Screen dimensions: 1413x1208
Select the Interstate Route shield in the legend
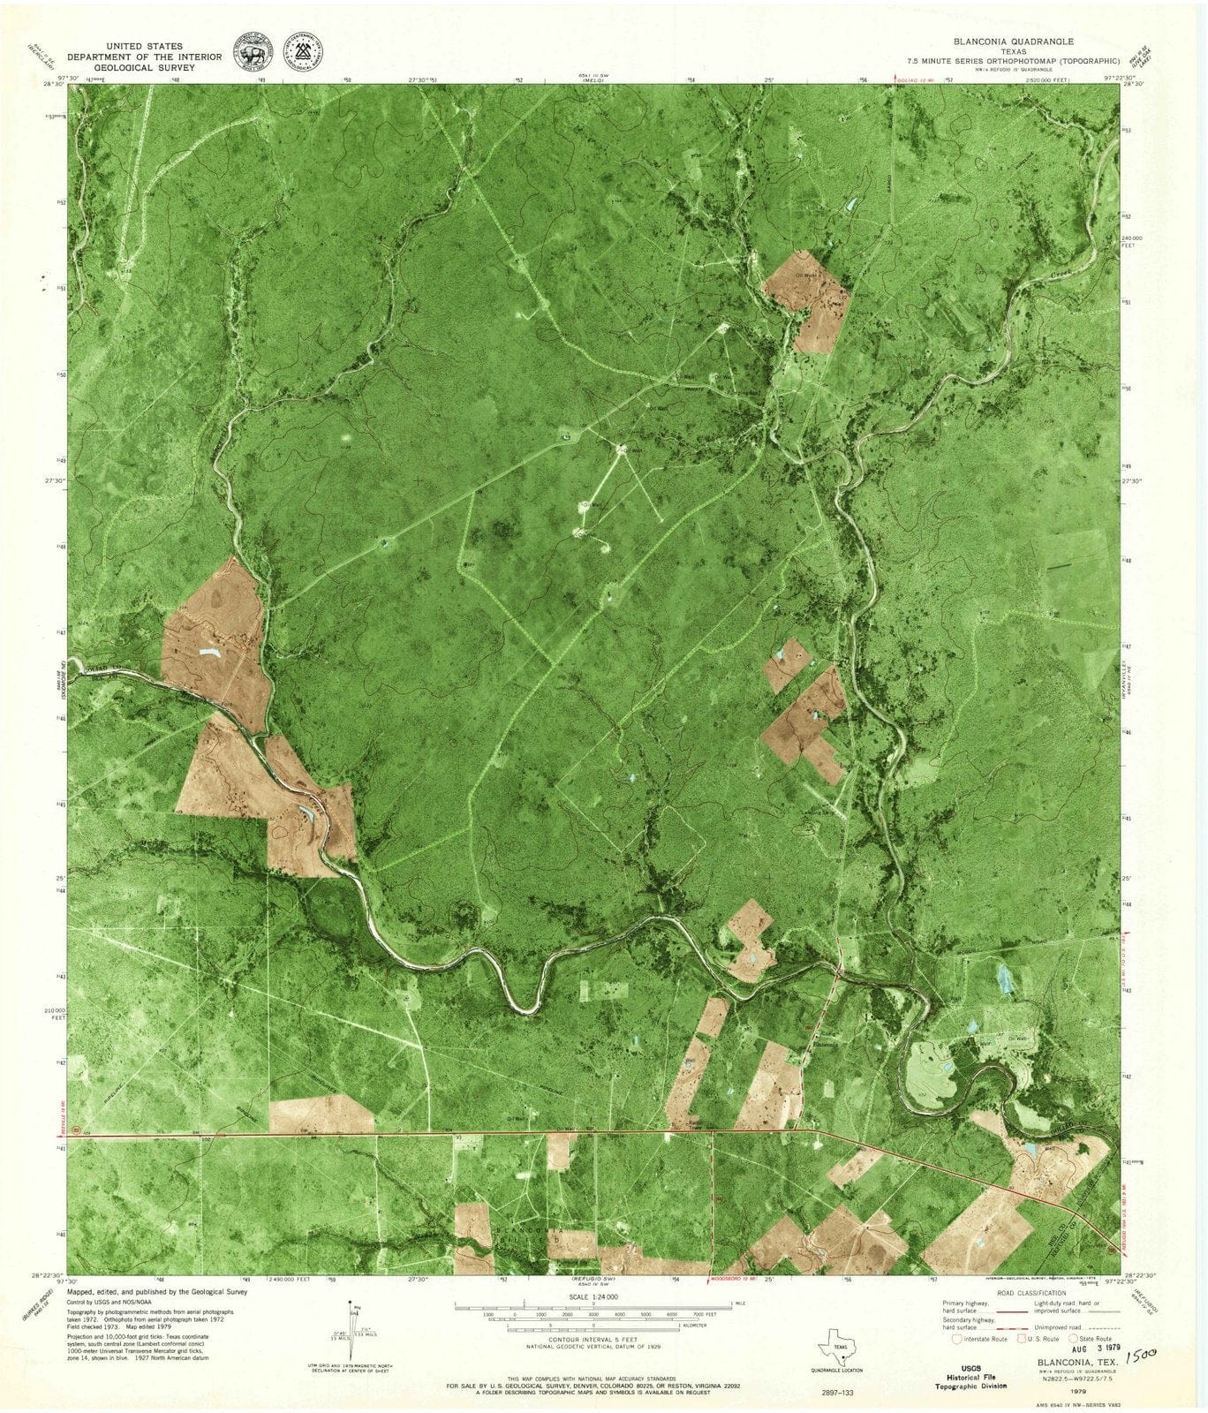954,1338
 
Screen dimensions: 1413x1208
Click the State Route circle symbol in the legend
1076,1339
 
